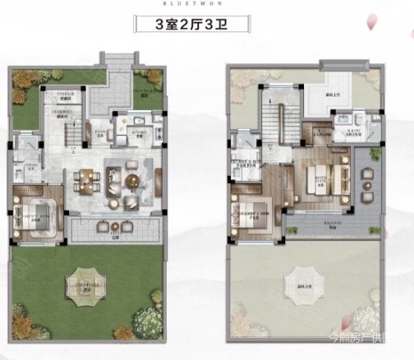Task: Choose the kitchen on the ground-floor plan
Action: (134, 131)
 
